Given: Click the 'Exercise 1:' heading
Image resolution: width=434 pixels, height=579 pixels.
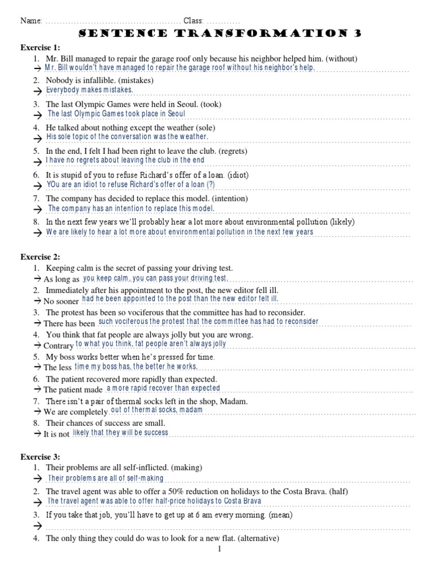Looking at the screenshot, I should pos(40,47).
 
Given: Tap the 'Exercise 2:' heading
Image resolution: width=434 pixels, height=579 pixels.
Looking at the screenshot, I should pos(40,257).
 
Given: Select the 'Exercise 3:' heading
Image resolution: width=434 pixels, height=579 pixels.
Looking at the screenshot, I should pos(40,456).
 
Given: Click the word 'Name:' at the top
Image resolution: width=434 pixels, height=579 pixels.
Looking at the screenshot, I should pos(32,21).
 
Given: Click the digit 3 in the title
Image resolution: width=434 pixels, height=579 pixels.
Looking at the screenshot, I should pos(358,34).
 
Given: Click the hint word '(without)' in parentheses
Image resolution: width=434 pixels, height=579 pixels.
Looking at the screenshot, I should pos(341,58).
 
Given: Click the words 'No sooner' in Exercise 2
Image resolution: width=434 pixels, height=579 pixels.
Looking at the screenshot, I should pos(61,301).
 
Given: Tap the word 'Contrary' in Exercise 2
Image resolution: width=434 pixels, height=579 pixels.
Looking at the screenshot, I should pos(58,345).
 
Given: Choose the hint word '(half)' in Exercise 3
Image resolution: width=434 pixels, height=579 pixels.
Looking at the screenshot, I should pos(336,491).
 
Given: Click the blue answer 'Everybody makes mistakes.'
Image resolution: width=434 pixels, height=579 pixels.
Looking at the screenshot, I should pos(90,90).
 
